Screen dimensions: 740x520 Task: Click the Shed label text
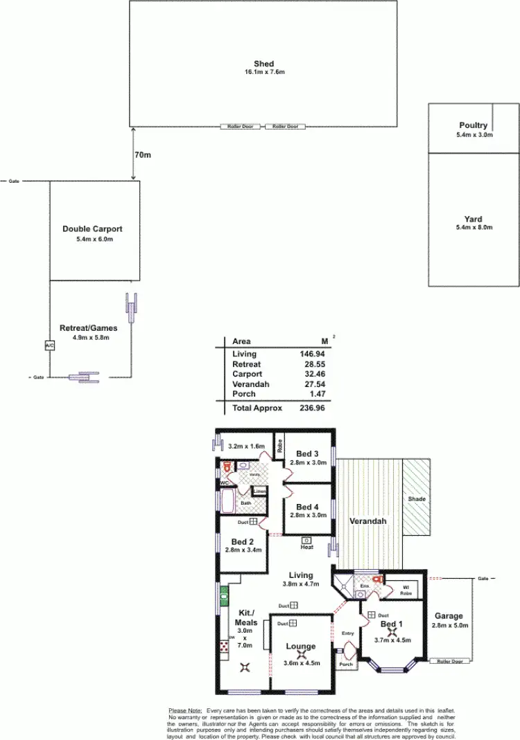coord(263,64)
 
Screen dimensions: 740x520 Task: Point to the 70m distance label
coord(143,155)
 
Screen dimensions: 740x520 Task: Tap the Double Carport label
coord(92,229)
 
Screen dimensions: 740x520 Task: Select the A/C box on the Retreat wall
coord(49,345)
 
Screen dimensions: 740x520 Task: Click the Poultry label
coord(474,125)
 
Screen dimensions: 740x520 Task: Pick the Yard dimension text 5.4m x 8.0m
coord(474,228)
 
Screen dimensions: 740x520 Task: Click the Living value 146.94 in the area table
coord(311,354)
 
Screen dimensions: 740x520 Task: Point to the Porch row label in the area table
coord(243,394)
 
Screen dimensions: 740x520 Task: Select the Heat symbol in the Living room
coord(306,540)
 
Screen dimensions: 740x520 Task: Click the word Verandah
coord(367,521)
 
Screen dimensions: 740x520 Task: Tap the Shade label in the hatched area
coord(417,499)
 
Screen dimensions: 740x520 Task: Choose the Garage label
coord(449,616)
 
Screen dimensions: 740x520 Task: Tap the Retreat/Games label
coord(88,328)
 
